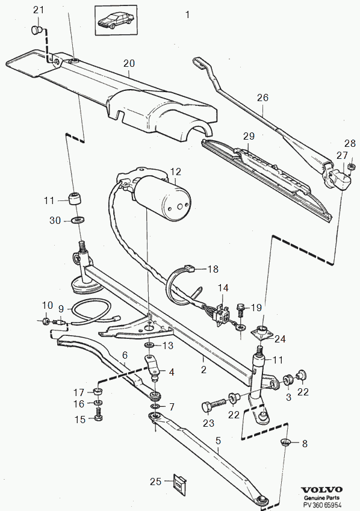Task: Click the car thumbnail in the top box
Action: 116,20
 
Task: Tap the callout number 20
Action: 129,63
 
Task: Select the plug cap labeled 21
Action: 37,30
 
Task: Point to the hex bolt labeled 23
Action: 214,404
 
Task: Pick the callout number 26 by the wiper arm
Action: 262,98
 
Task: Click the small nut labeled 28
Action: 351,167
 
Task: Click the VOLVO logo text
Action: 321,489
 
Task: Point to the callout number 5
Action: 218,441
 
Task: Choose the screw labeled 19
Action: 240,310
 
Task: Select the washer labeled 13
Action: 150,345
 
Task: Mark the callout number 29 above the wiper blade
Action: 249,136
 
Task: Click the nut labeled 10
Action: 46,321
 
